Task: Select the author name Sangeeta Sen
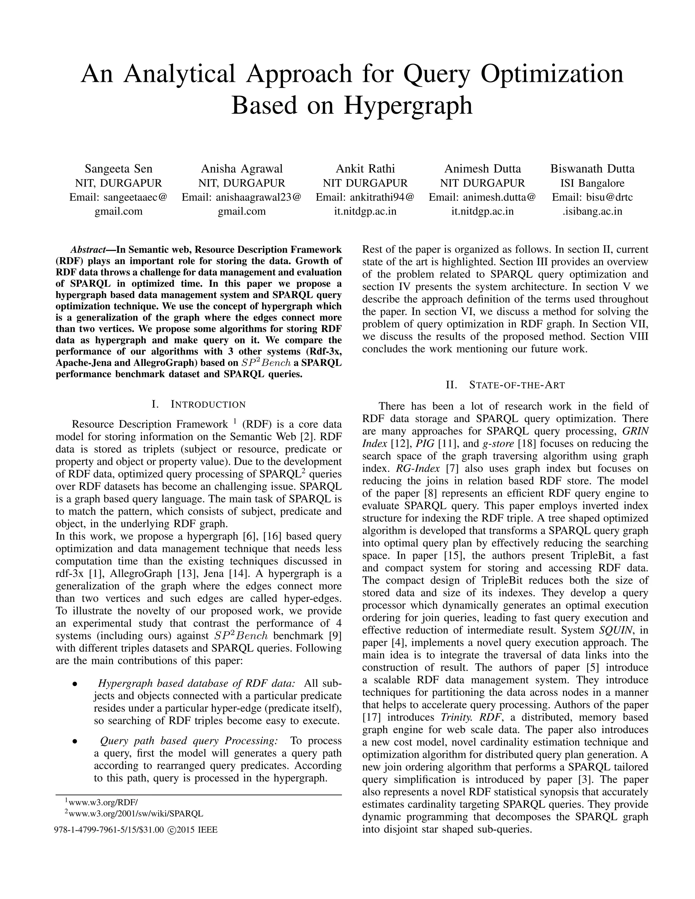118,169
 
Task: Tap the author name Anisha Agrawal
242,169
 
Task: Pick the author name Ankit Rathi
365,169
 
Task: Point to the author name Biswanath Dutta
593,169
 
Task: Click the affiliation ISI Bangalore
593,183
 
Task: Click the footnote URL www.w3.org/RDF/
103,802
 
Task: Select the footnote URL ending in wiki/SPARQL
135,814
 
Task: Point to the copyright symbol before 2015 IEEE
172,830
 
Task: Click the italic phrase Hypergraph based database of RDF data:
197,684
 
